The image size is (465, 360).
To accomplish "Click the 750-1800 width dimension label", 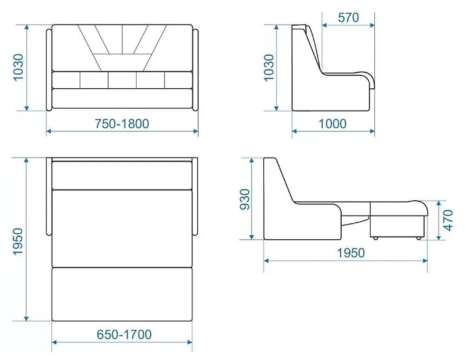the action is pyautogui.click(x=122, y=124).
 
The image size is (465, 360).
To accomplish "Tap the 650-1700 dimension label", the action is pyautogui.click(x=124, y=334).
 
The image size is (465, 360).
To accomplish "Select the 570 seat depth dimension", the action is pyautogui.click(x=348, y=18).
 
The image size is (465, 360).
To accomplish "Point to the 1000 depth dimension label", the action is pyautogui.click(x=332, y=124).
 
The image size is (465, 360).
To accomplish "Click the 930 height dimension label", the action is pyautogui.click(x=245, y=199).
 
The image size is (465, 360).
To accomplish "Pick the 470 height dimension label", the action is pyautogui.click(x=448, y=220).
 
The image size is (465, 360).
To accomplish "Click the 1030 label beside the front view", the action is pyautogui.click(x=18, y=67).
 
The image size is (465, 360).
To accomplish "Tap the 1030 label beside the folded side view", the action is pyautogui.click(x=269, y=67).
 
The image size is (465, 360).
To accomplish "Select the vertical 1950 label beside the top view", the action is pyautogui.click(x=18, y=241).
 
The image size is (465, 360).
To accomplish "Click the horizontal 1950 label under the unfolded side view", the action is pyautogui.click(x=351, y=253).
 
